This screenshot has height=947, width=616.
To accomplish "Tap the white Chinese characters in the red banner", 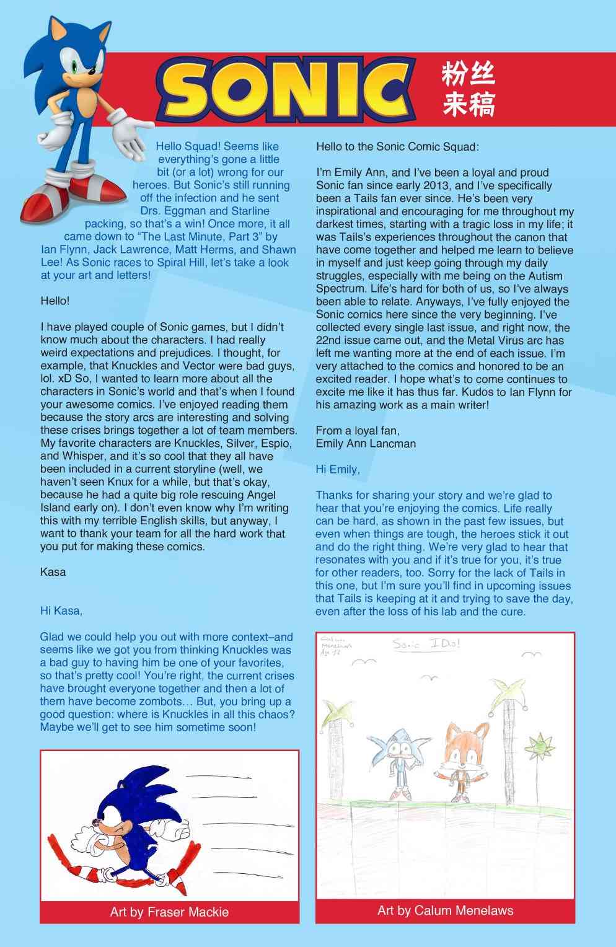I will [x=468, y=90].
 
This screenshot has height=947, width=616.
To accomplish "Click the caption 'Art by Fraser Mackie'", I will [x=169, y=912].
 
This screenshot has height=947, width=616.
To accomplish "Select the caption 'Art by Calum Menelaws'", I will [x=445, y=910].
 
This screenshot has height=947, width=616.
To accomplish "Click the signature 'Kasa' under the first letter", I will [x=53, y=572].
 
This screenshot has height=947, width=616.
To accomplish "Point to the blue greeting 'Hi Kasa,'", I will [x=61, y=611].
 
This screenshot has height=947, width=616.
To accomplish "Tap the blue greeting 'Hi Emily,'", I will [x=338, y=469].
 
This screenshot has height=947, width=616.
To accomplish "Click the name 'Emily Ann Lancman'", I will [x=366, y=443].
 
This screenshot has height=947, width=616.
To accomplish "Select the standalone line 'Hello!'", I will [x=55, y=301].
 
